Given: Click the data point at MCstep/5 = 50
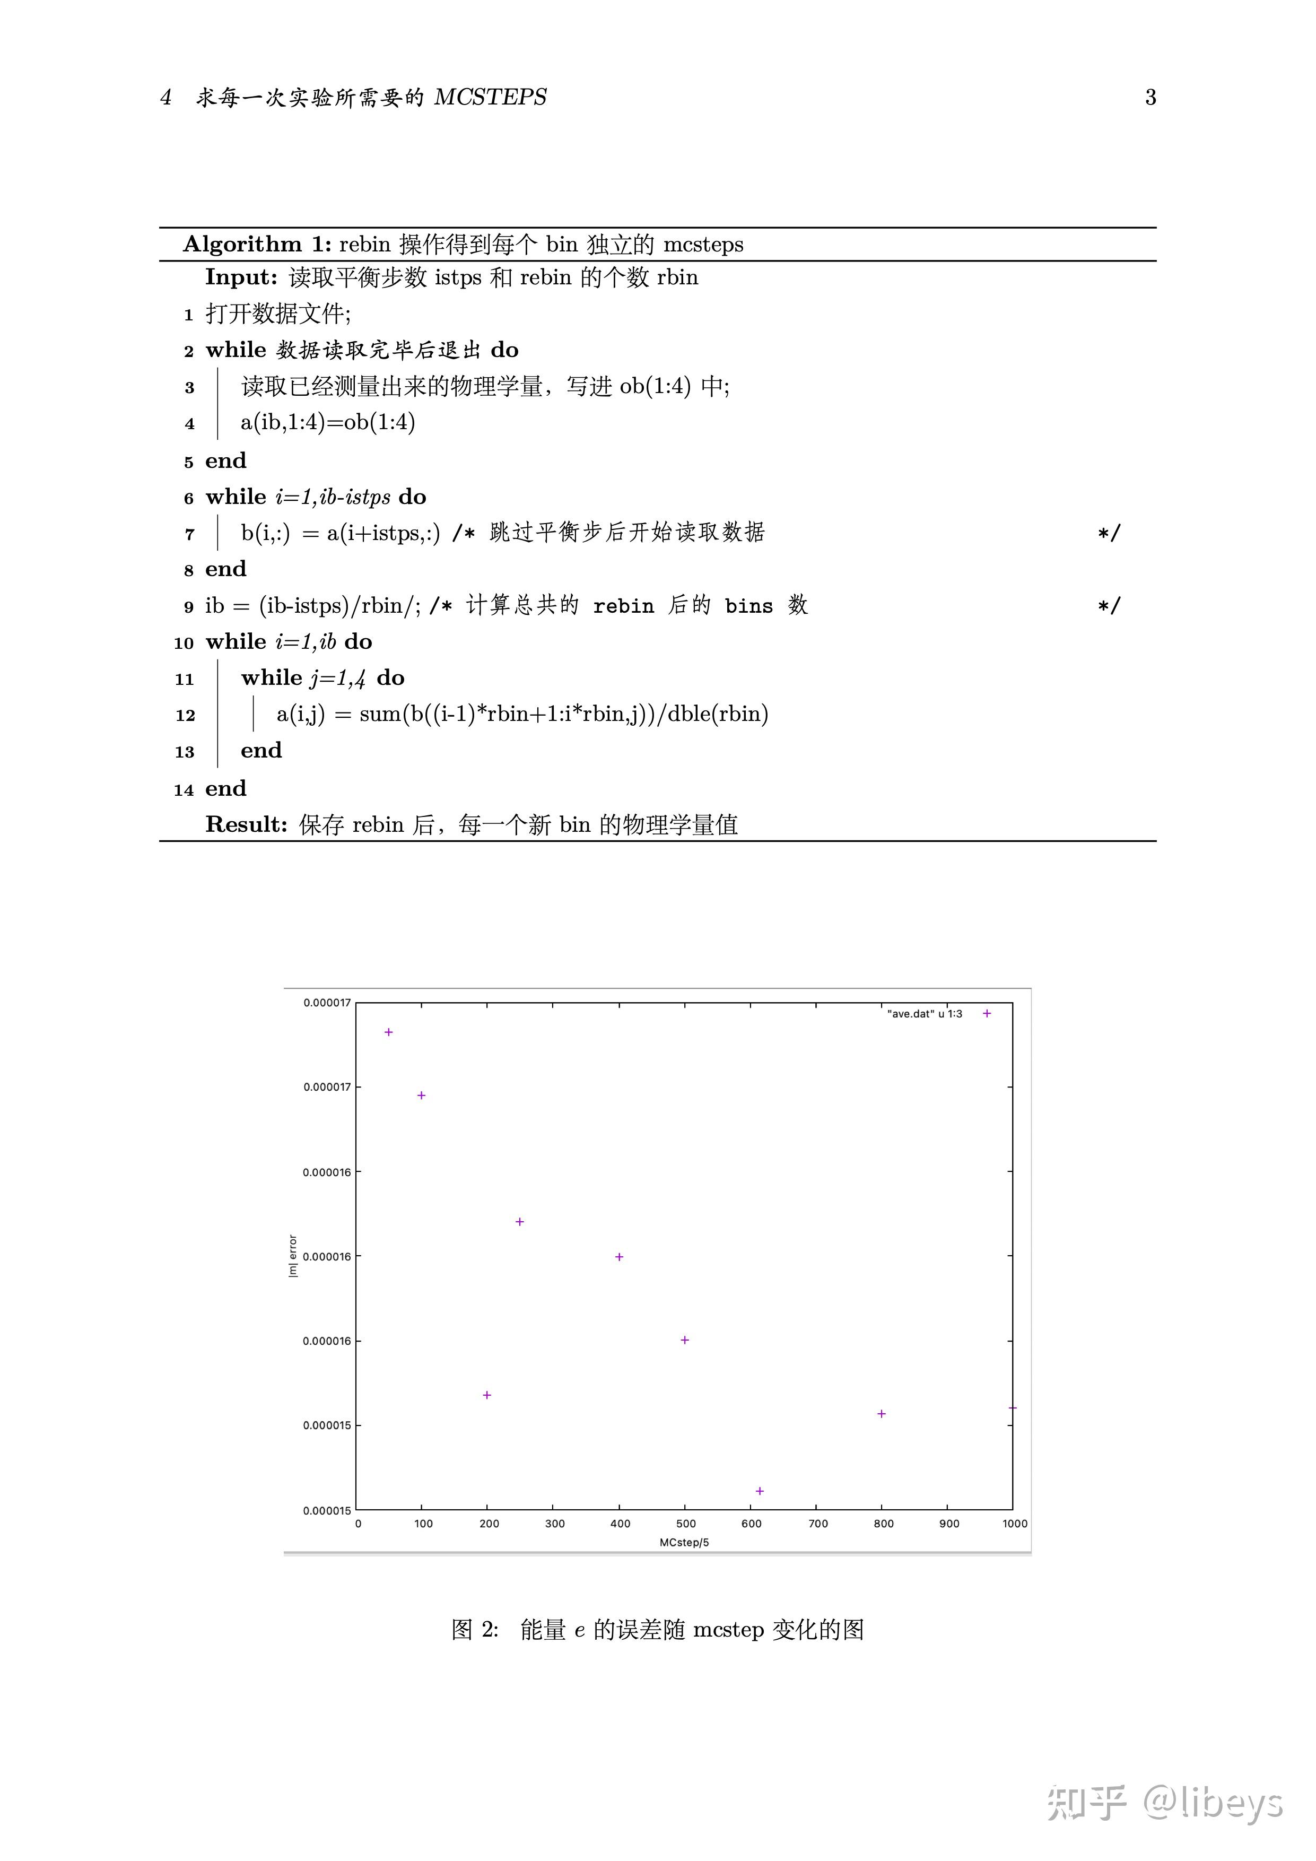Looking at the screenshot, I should pyautogui.click(x=389, y=1032).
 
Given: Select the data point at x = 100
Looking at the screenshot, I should pyautogui.click(x=421, y=1095).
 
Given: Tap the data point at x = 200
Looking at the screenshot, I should pyautogui.click(x=487, y=1395).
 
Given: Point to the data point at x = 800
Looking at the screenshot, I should pyautogui.click(x=882, y=1414).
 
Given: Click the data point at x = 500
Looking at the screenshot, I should pyautogui.click(x=685, y=1340).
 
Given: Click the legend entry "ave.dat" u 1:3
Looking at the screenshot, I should pyautogui.click(x=925, y=1014).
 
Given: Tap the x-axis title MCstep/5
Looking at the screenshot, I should pyautogui.click(x=684, y=1543).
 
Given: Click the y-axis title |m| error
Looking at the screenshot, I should pyautogui.click(x=293, y=1256).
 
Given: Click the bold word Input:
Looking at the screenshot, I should pyautogui.click(x=241, y=277).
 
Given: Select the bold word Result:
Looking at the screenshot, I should pyautogui.click(x=246, y=824).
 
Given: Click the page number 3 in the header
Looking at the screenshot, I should pyautogui.click(x=1150, y=97).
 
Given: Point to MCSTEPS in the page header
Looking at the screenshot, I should pyautogui.click(x=490, y=97).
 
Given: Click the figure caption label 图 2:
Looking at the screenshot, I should pyautogui.click(x=475, y=1629).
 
